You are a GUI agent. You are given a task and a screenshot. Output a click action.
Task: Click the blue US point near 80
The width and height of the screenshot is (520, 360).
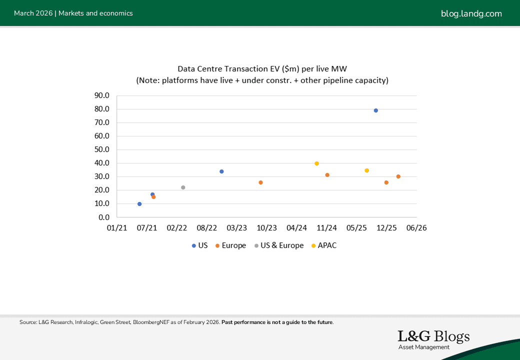(x=376, y=110)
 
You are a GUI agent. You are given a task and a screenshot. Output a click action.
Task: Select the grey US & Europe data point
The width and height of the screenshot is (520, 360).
(x=183, y=187)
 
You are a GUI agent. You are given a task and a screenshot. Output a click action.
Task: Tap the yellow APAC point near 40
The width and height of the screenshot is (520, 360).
(x=316, y=163)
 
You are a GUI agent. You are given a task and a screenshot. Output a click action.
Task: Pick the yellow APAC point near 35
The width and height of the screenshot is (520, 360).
(x=366, y=170)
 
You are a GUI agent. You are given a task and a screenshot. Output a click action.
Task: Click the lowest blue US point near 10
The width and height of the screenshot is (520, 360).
(x=139, y=204)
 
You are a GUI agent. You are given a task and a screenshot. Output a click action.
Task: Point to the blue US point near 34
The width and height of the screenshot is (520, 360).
(x=221, y=171)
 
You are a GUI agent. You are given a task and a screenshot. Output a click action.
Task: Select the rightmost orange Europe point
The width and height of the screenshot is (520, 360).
(x=398, y=176)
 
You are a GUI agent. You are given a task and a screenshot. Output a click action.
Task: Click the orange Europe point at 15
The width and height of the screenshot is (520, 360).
(x=153, y=197)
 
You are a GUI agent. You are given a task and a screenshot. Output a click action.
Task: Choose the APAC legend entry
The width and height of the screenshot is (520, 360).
(x=323, y=245)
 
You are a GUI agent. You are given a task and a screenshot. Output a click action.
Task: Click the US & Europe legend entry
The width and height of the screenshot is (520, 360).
(x=279, y=245)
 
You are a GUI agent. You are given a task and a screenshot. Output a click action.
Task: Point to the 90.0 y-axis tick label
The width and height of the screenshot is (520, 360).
(x=102, y=95)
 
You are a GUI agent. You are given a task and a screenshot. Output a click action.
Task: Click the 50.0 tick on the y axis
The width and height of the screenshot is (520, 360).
(x=102, y=149)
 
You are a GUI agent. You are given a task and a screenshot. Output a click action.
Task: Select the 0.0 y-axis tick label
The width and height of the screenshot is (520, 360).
(x=104, y=217)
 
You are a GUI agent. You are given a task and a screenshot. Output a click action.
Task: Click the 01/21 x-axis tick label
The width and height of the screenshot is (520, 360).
(x=116, y=228)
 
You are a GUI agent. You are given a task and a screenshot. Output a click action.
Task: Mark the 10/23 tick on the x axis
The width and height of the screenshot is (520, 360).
(x=266, y=228)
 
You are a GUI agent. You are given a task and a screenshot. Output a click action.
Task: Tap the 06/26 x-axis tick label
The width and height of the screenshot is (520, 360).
(x=416, y=228)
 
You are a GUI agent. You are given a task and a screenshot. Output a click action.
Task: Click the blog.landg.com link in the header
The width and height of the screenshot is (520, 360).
(x=471, y=13)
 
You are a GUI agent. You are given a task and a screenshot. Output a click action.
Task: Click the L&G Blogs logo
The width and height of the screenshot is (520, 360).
(x=433, y=339)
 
